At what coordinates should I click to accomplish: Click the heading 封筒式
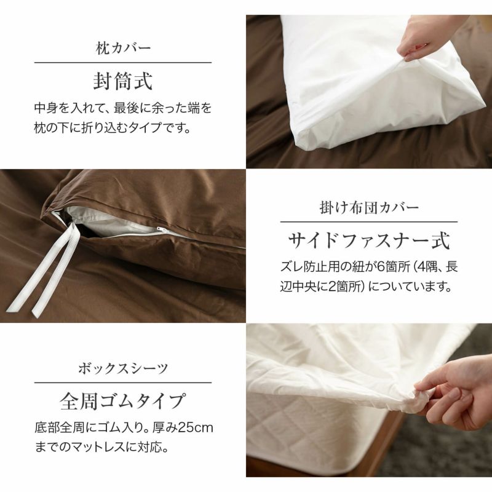123,81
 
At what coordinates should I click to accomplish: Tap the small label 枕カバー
123,49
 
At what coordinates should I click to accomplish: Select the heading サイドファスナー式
369,241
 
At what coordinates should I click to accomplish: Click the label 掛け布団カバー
369,208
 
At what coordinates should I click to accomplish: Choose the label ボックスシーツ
123,368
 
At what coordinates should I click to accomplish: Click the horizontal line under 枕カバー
123,63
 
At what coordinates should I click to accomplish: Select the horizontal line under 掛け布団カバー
369,222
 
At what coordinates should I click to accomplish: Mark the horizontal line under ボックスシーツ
123,383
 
